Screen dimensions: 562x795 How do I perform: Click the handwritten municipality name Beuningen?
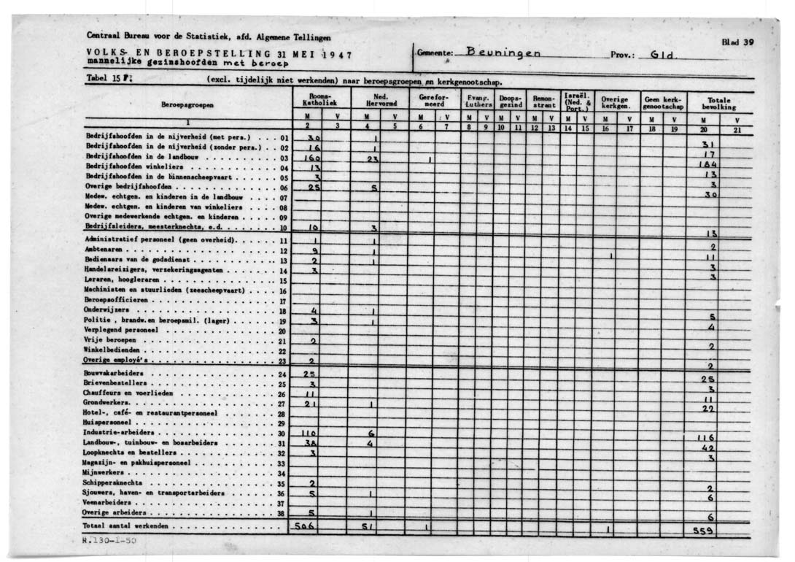[x=503, y=53]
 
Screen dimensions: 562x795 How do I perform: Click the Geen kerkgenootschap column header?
[x=662, y=103]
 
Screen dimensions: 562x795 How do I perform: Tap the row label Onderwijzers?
[x=106, y=309]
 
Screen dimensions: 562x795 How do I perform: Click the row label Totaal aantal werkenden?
[x=125, y=526]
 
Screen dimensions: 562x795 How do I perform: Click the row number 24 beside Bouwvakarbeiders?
[x=282, y=374]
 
